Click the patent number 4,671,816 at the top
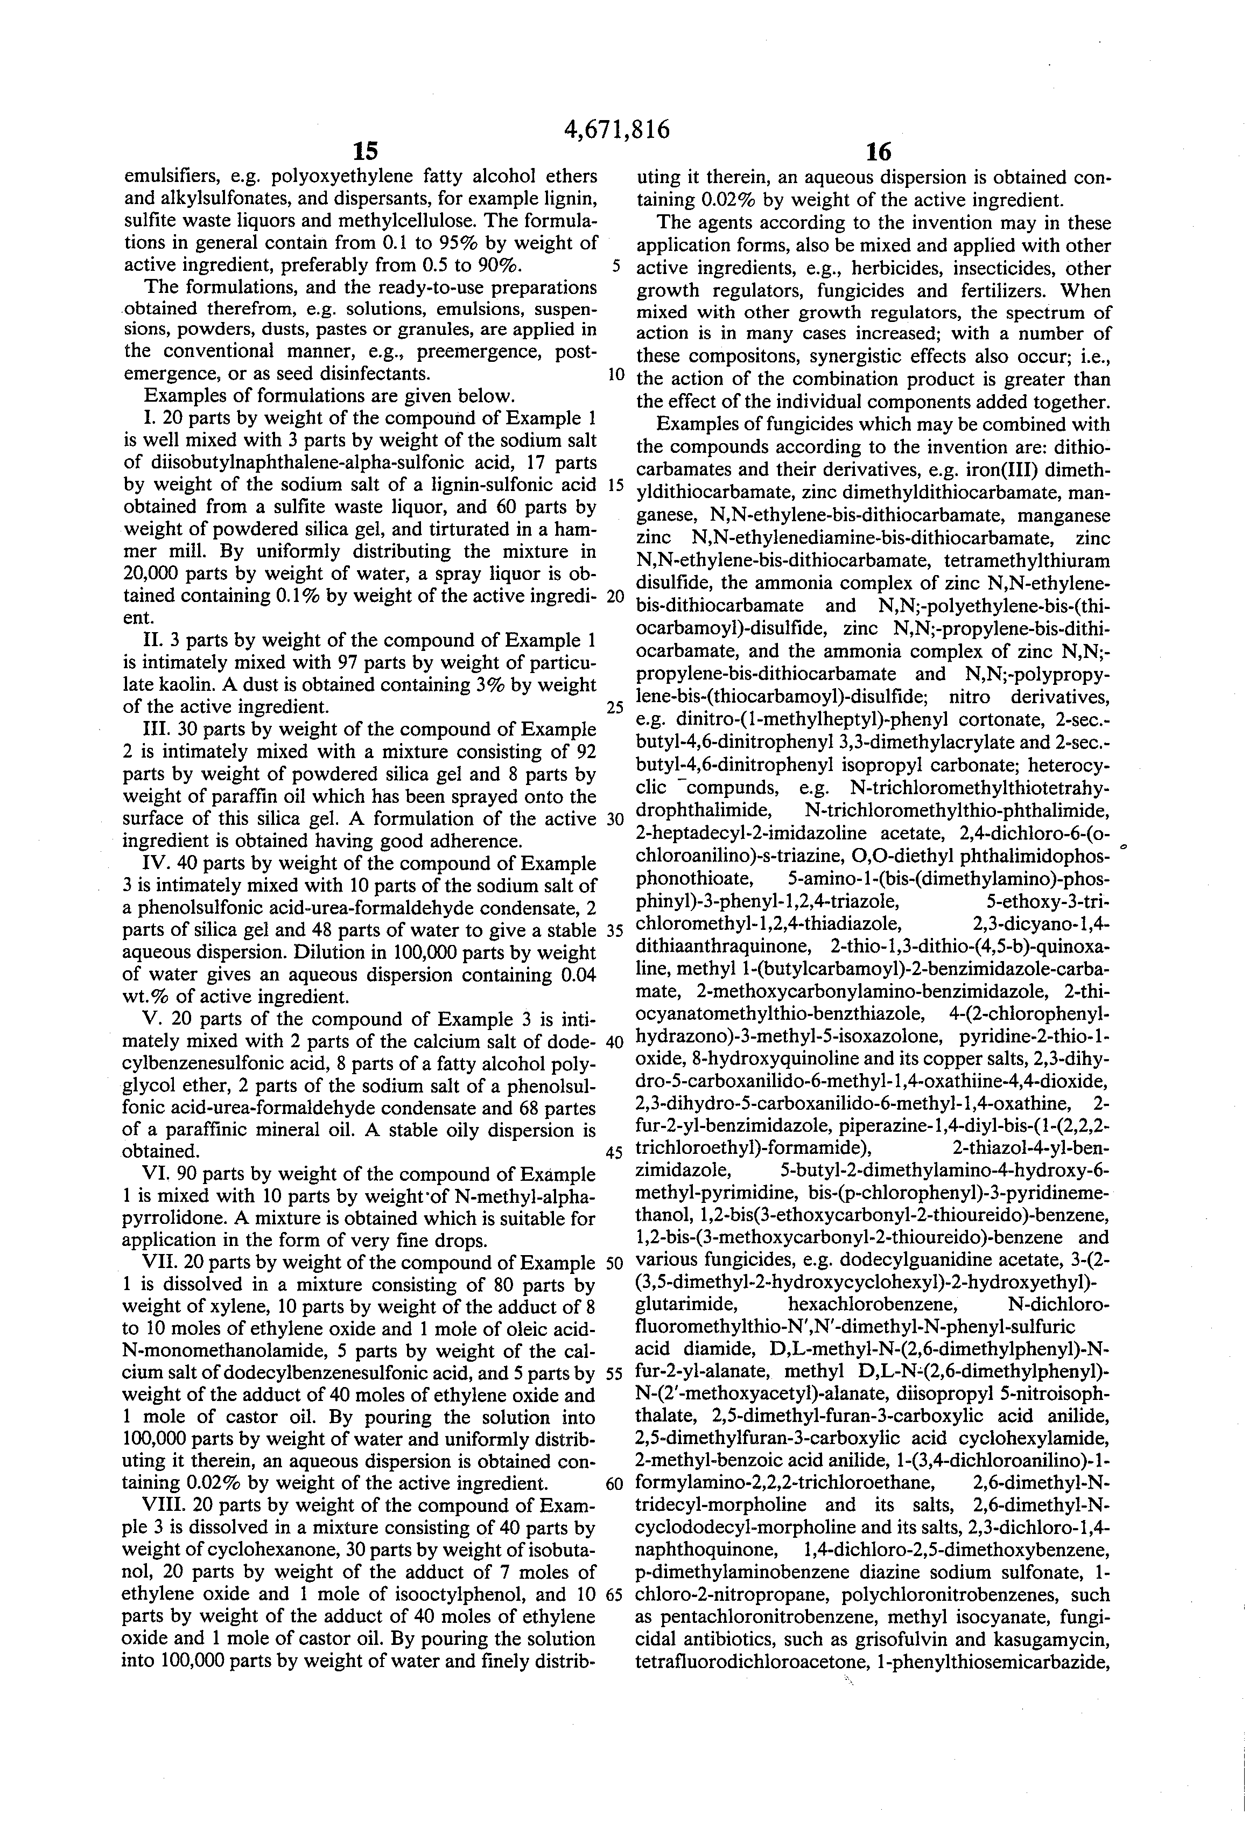[618, 129]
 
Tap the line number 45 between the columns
[614, 1152]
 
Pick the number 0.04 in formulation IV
[577, 975]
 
